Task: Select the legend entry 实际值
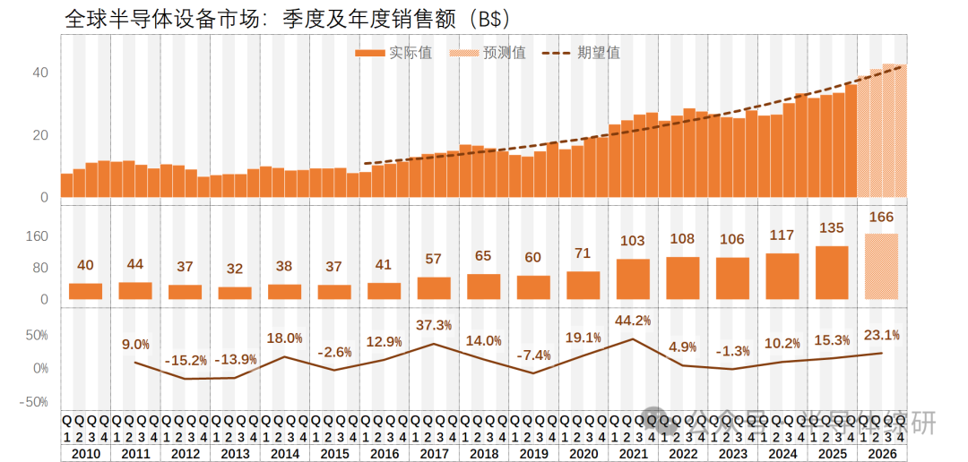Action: click(x=394, y=53)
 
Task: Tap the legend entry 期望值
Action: click(x=582, y=53)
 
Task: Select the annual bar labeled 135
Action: click(x=832, y=273)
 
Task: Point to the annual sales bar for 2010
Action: click(x=85, y=291)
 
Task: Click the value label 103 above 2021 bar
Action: click(x=633, y=241)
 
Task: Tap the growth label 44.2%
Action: click(x=633, y=320)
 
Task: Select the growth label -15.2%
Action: click(x=186, y=360)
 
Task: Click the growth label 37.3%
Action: click(x=434, y=324)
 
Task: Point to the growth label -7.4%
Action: click(x=533, y=355)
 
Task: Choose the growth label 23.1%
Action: click(x=882, y=335)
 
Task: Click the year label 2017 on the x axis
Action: click(x=434, y=454)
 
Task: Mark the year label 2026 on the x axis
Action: click(x=882, y=454)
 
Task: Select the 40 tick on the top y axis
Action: click(x=40, y=73)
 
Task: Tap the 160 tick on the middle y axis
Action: click(x=37, y=236)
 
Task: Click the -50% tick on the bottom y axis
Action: click(x=35, y=402)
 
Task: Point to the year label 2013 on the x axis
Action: click(x=235, y=454)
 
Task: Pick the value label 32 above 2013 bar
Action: click(x=235, y=269)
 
